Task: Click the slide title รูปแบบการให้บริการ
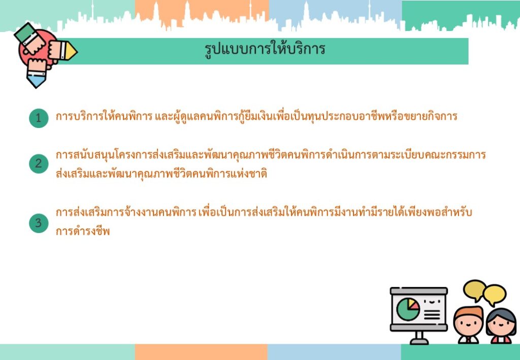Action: coord(265,50)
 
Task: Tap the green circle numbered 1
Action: coord(39,118)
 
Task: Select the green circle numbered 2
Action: coord(39,163)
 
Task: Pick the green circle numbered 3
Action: coord(39,223)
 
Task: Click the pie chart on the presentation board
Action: coord(408,309)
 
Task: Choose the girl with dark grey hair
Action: coord(501,326)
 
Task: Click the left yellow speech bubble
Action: coord(475,290)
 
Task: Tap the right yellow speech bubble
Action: coord(495,294)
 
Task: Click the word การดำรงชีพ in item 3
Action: coord(83,231)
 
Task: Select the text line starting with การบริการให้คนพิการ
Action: coord(256,116)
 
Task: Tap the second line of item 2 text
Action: coord(161,173)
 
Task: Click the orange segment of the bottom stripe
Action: coord(201,352)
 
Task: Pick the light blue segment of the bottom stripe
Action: coord(334,352)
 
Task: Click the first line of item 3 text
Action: coord(264,212)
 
